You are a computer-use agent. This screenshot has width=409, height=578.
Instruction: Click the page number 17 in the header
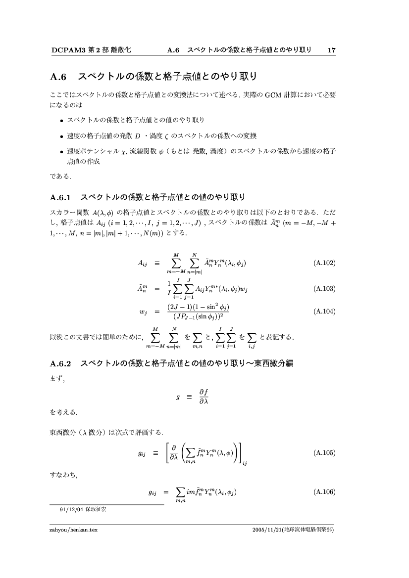332,50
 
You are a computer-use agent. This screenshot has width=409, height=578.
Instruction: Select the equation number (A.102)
325,263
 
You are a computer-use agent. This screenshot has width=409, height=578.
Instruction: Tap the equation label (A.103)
325,289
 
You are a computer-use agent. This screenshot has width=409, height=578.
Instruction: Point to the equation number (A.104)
325,311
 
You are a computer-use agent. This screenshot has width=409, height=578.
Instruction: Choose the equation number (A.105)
325,452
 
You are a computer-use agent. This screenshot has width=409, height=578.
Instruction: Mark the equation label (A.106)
325,492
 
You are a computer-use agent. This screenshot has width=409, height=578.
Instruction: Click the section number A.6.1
61,198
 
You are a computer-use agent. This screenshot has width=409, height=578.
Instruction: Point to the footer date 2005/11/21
264,530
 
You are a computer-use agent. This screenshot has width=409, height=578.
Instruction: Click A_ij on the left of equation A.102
143,263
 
